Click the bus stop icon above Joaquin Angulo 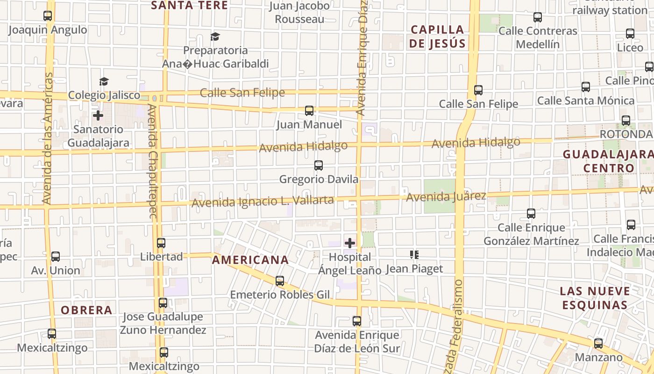coord(48,16)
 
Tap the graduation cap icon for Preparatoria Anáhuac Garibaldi coord(215,36)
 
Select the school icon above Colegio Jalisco coord(104,81)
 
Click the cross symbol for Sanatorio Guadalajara coord(98,115)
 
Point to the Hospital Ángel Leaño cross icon coord(350,243)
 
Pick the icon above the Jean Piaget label coord(414,255)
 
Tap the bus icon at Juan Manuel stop coord(309,111)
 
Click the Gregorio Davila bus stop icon coord(319,165)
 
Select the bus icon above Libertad coord(161,243)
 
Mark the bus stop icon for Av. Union coord(56,257)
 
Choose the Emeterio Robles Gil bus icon coord(280,281)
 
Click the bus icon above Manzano coord(598,344)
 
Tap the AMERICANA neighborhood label coord(250,260)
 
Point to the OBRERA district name coord(86,310)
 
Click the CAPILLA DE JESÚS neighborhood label coord(438,36)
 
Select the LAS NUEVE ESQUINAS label coord(595,298)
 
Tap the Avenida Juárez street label coord(446,197)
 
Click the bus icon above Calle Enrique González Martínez coord(531,214)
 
